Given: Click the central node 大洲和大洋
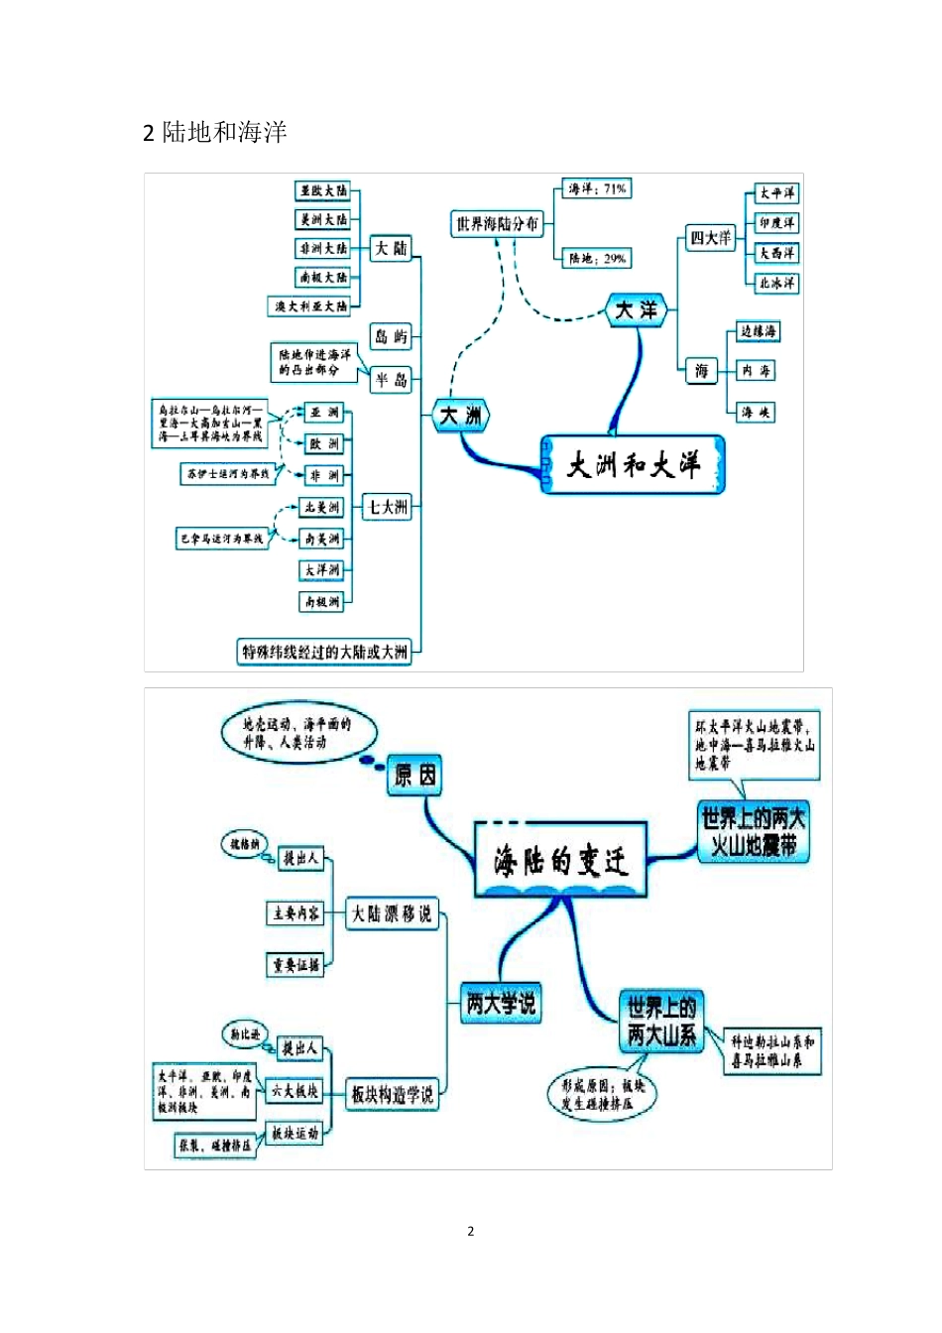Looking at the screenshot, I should point(634,464).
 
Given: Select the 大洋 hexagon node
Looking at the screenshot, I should point(636,310).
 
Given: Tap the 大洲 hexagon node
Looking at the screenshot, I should point(461,416).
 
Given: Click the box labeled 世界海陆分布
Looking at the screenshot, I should point(498,224).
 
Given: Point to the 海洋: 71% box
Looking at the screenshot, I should point(597,188).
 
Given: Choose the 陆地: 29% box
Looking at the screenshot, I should point(597,259).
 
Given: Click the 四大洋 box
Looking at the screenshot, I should point(711,238).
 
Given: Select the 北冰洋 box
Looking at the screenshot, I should point(776,283).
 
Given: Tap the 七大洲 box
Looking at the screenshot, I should point(388,507).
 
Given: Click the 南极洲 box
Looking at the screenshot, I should point(322,601).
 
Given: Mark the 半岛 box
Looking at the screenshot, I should point(391,380).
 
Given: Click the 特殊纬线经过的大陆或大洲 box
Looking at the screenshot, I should point(325,652).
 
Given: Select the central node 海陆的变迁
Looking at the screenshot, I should point(561,860).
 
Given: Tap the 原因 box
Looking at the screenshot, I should point(414,775).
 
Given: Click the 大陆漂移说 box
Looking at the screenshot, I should point(393,913).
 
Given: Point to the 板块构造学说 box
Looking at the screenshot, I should point(393,1095).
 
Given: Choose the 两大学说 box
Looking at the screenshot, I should point(501,1003).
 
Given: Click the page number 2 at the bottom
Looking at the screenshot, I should point(471,1231).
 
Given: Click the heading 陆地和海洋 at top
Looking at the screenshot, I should point(224,132).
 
